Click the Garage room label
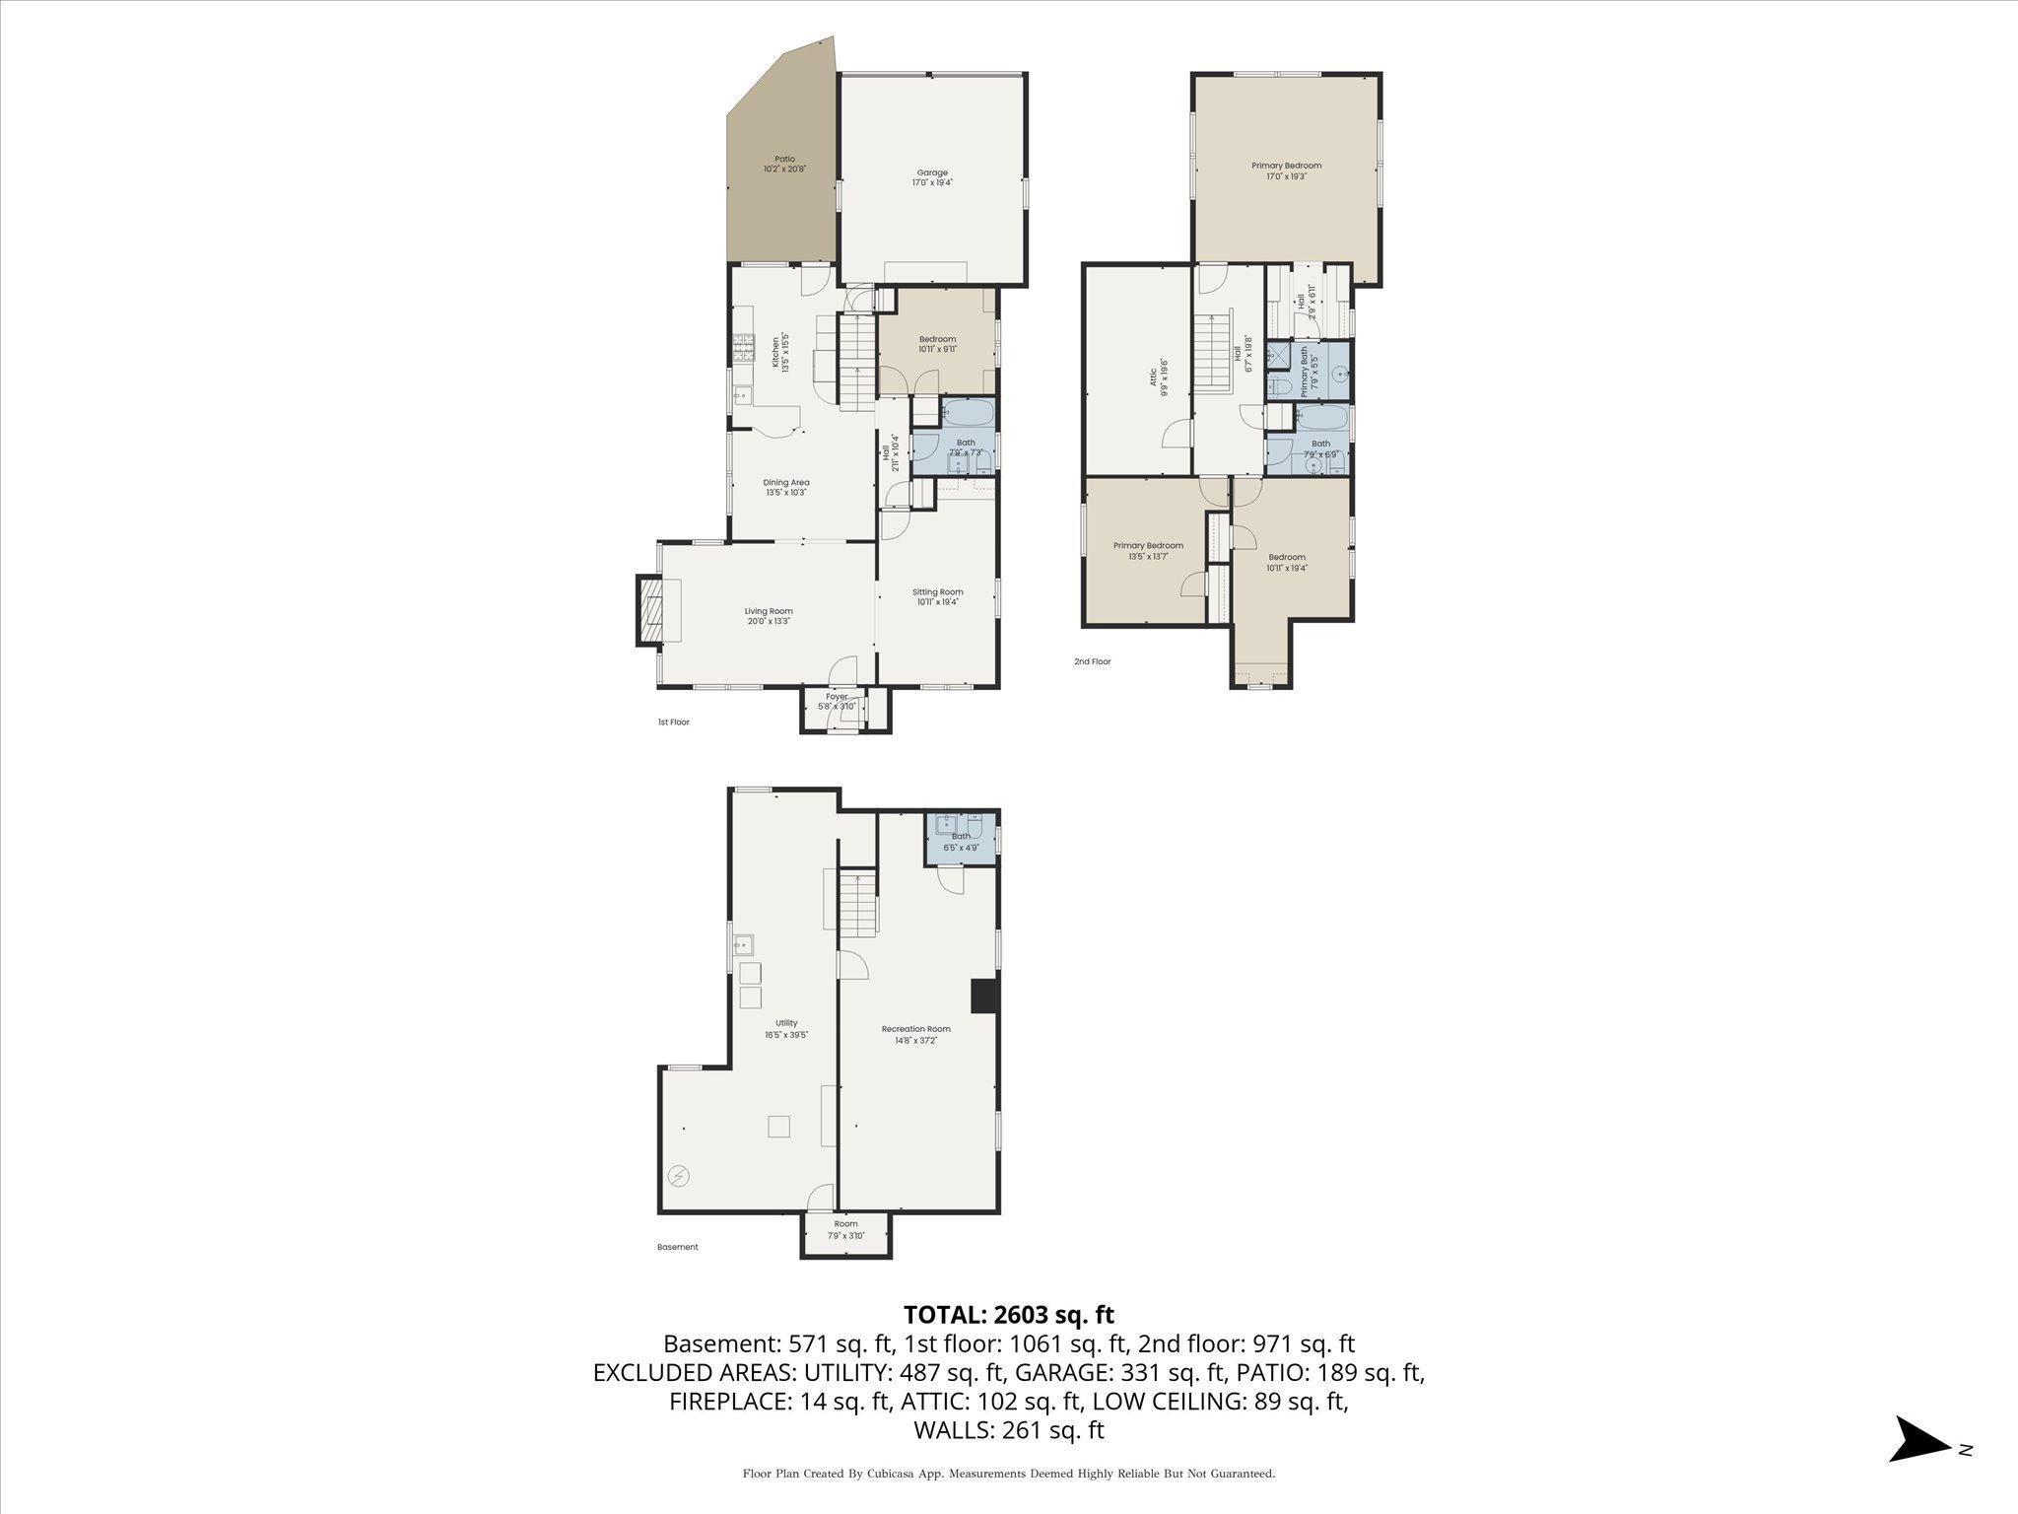tap(931, 177)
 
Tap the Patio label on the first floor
tap(784, 164)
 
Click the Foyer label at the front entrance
tap(837, 701)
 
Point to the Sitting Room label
tap(937, 596)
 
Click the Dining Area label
tap(786, 487)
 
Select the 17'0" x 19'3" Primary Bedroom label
tap(1286, 171)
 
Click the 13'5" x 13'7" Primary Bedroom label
tap(1148, 550)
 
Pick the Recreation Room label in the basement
tap(915, 1034)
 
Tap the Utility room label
tap(786, 1028)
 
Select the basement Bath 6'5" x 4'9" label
tap(961, 841)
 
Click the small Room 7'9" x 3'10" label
tap(845, 1229)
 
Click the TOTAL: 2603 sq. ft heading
tap(1008, 1314)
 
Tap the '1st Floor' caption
tap(674, 722)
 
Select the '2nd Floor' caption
tap(1092, 661)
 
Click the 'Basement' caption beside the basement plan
tap(677, 1247)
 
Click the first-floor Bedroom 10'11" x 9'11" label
tap(937, 343)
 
